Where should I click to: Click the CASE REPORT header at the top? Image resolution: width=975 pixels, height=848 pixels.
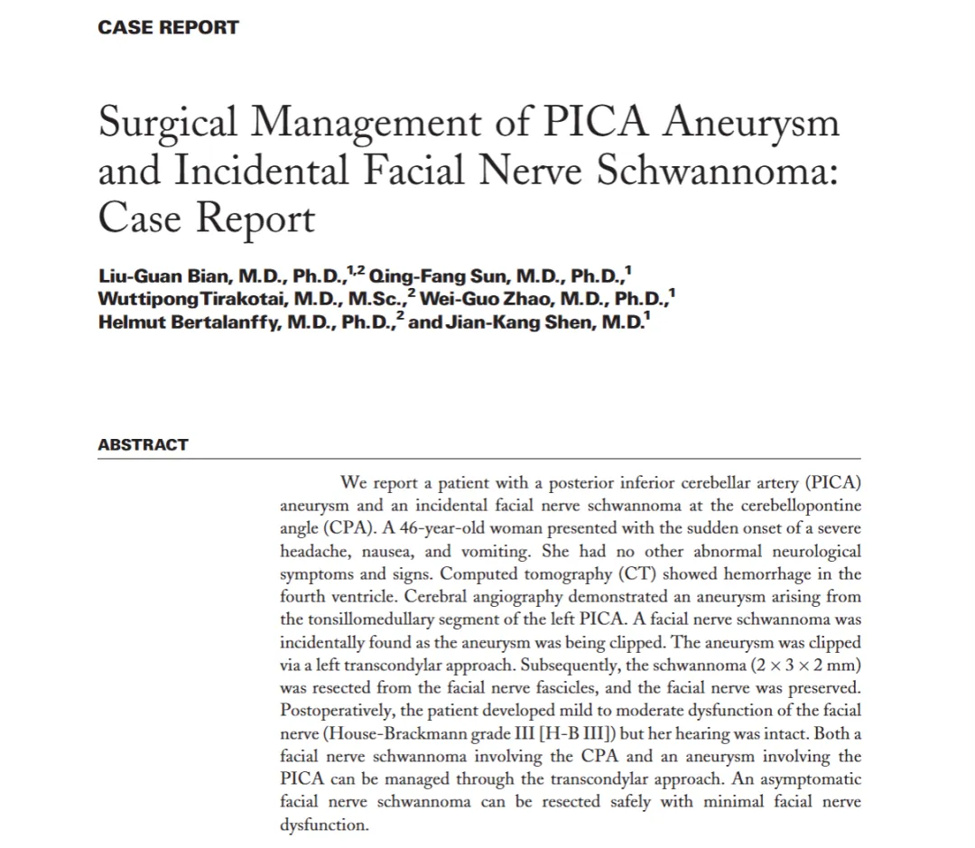pos(168,27)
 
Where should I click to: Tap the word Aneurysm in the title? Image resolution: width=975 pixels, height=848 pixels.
pos(751,123)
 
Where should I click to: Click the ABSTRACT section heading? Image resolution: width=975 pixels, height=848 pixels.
pos(143,444)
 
